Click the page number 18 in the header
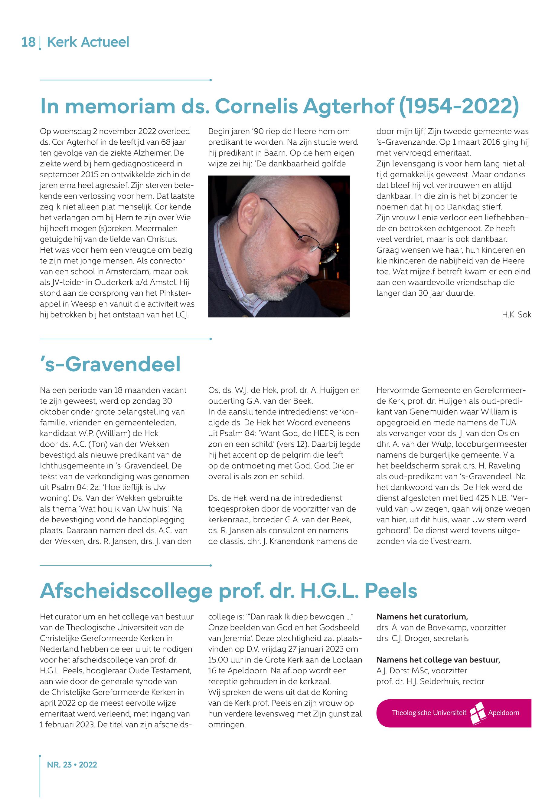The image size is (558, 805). point(28,42)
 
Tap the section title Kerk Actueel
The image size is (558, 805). point(88,42)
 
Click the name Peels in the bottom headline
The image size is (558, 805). point(390,591)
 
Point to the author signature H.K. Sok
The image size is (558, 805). point(516,315)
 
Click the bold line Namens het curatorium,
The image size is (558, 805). point(422,617)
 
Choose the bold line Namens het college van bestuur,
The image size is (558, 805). point(438,660)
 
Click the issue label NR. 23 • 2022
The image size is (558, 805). point(72,765)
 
